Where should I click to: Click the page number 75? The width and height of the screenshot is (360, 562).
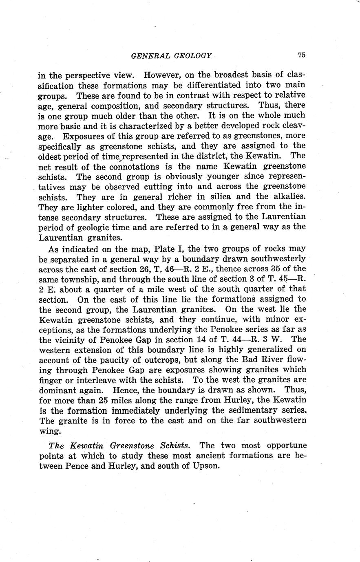302,55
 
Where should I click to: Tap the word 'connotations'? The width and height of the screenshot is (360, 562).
134,167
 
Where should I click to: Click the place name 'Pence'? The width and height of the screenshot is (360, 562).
76,465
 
